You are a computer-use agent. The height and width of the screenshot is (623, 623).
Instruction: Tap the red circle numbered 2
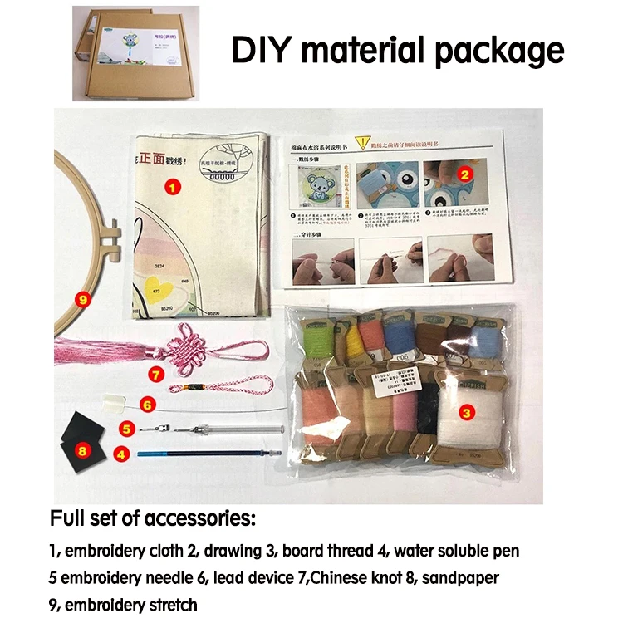466,174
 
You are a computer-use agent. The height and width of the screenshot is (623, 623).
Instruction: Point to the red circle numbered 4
121,454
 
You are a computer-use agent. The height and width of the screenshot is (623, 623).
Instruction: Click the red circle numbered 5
126,429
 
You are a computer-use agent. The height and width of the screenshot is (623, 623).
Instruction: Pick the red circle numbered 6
147,405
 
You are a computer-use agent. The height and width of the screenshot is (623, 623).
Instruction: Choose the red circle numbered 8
81,449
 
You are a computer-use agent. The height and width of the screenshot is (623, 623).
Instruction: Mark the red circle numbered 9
81,297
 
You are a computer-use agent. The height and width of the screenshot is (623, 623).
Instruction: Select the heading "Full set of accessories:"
154,519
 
